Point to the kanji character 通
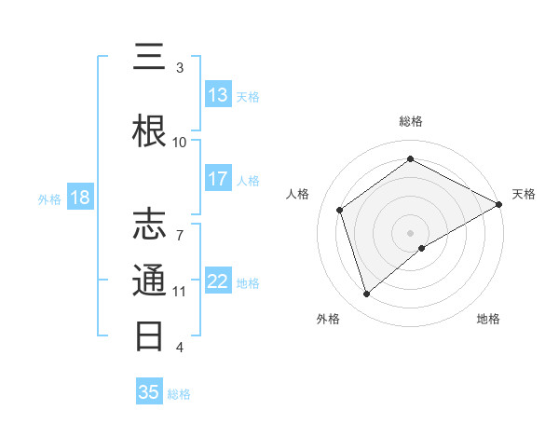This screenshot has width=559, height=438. click(x=149, y=281)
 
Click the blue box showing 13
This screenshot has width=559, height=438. click(x=218, y=96)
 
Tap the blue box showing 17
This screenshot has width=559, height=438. click(x=218, y=179)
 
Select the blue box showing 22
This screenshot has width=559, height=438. click(x=218, y=281)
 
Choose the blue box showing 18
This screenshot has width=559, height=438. click(x=79, y=198)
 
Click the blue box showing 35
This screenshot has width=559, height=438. click(x=149, y=392)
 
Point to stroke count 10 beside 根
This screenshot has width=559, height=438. click(x=180, y=142)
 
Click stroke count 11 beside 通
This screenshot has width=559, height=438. click(x=180, y=292)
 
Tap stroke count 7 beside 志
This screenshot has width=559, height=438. click(x=180, y=225)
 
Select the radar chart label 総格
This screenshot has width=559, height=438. click(x=411, y=121)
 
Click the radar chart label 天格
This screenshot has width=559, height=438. click(x=524, y=194)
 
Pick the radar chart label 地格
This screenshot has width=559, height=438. click(x=488, y=319)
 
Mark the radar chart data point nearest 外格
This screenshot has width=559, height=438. click(x=366, y=294)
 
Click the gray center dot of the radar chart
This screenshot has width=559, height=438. click(x=410, y=231)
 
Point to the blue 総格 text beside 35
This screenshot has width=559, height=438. click(x=179, y=394)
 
